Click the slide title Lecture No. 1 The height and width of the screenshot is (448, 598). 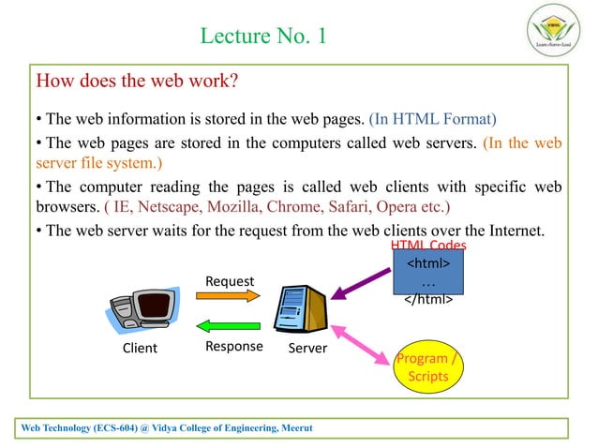pos(263,37)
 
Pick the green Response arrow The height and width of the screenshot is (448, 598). pos(228,326)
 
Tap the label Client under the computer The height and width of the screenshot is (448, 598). pos(141,349)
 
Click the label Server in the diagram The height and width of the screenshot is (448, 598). pos(306,349)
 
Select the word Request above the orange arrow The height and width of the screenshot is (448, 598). pos(230,279)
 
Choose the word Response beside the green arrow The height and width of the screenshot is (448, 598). pos(233,348)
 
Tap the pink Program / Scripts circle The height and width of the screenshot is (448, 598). pos(428,367)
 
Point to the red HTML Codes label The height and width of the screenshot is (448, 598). pos(427,245)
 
